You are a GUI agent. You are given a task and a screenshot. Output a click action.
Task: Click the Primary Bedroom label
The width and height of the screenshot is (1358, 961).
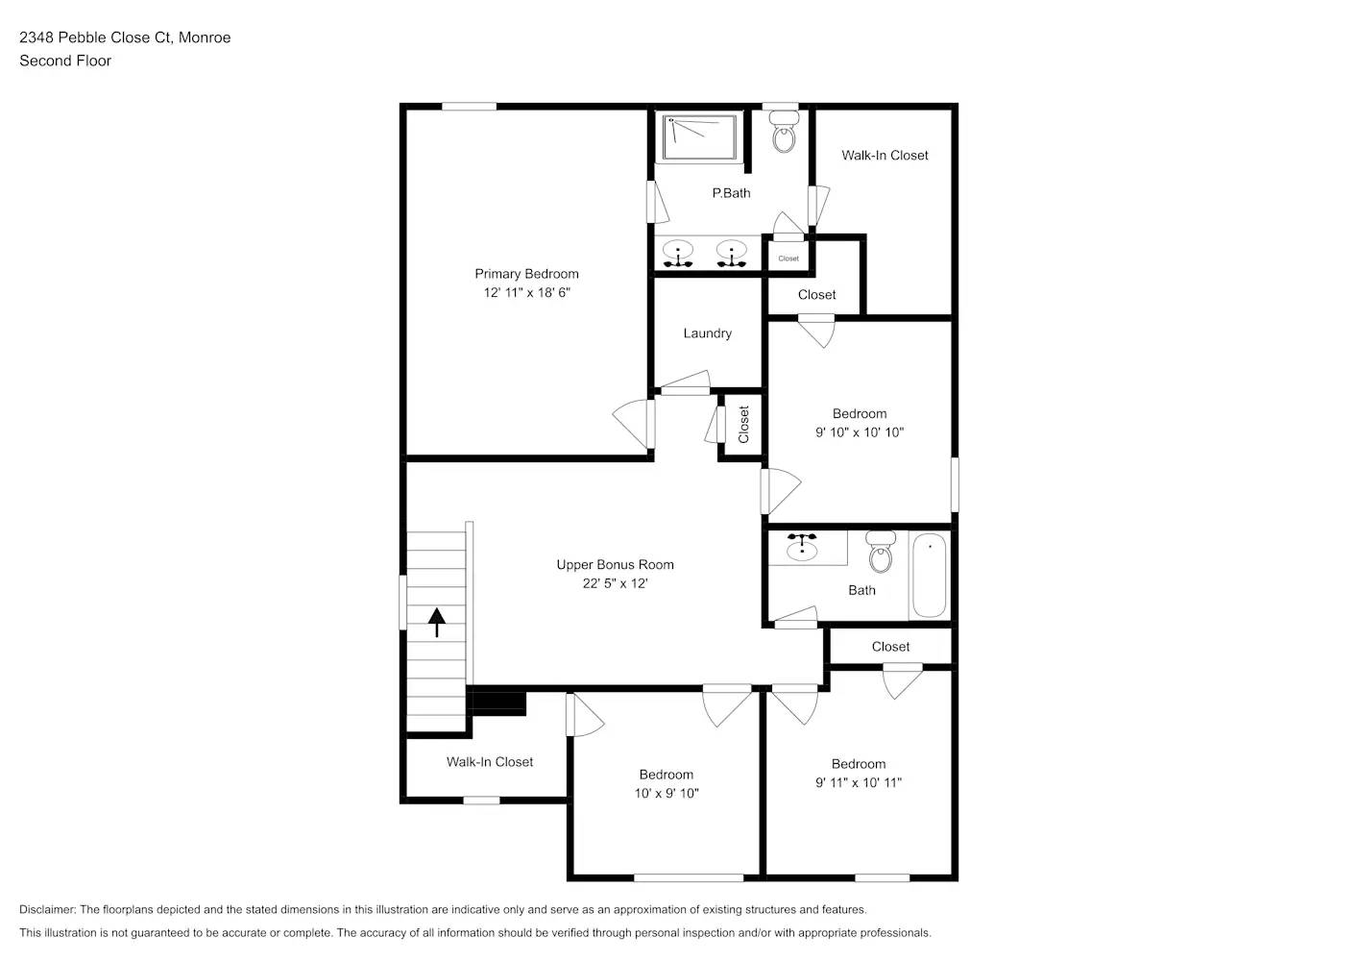tap(526, 274)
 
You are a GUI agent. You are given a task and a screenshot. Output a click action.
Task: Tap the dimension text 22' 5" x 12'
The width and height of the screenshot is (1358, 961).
tap(615, 583)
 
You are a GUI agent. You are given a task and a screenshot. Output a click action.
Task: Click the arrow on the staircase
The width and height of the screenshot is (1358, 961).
tap(437, 622)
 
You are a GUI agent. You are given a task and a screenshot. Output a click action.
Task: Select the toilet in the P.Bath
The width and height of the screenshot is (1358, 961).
tap(785, 135)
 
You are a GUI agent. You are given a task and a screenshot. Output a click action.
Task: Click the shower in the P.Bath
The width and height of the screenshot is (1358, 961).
tap(700, 138)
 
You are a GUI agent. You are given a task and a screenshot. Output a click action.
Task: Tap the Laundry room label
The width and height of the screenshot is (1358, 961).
tap(707, 333)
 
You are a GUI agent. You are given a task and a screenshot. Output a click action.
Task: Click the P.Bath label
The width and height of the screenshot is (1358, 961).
tap(731, 193)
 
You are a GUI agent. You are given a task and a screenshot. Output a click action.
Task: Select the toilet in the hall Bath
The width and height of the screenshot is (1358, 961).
tap(881, 552)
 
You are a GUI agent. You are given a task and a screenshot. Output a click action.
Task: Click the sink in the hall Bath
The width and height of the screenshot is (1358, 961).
tap(802, 548)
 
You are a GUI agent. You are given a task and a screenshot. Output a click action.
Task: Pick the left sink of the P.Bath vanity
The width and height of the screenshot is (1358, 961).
tap(679, 255)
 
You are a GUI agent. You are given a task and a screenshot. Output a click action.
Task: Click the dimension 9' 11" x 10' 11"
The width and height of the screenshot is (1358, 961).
tap(859, 782)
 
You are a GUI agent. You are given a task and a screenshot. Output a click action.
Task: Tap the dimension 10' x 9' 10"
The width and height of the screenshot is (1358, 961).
tap(667, 793)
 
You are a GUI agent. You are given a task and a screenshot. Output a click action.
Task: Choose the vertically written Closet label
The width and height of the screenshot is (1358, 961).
tap(743, 424)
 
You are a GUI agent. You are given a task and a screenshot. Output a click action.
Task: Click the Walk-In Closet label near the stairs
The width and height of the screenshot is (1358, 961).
tap(489, 762)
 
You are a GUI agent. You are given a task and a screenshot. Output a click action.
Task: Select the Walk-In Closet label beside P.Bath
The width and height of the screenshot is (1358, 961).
tap(885, 156)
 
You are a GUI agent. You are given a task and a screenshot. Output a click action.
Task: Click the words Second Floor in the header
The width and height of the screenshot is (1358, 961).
tap(65, 61)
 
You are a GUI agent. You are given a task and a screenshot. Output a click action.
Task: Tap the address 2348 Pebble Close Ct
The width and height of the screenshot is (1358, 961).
tap(96, 37)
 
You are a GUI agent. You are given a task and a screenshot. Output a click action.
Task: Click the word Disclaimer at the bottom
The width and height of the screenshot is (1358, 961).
tap(47, 909)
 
